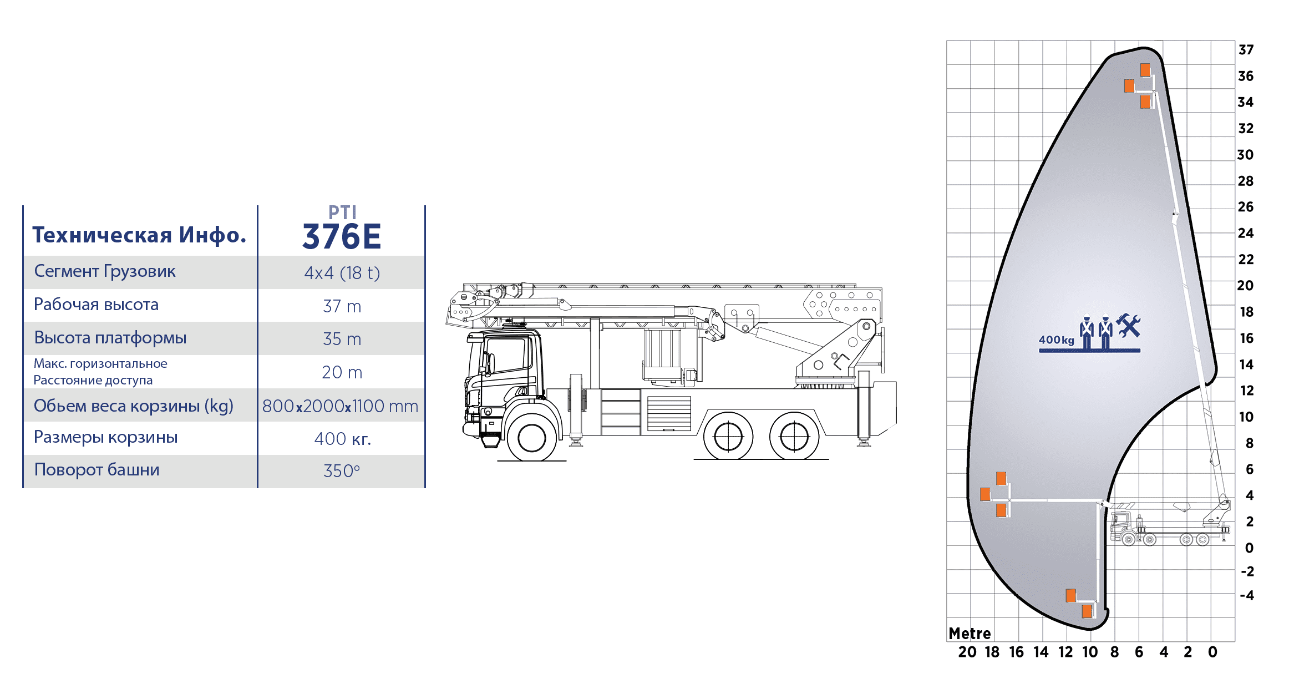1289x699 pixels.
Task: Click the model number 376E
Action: pyautogui.click(x=342, y=237)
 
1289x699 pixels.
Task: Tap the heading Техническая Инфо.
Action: pyautogui.click(x=139, y=235)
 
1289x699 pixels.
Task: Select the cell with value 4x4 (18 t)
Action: pyautogui.click(x=342, y=273)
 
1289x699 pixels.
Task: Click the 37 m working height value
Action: pyautogui.click(x=342, y=306)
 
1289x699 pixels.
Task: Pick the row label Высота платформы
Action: pyautogui.click(x=110, y=338)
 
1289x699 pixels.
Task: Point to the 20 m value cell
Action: pyautogui.click(x=342, y=372)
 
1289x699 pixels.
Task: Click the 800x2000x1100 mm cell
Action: pyautogui.click(x=340, y=406)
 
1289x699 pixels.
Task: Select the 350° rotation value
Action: pyautogui.click(x=342, y=471)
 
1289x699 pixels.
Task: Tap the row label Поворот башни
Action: pyautogui.click(x=97, y=470)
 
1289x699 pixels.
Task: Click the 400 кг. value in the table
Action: pyautogui.click(x=342, y=439)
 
